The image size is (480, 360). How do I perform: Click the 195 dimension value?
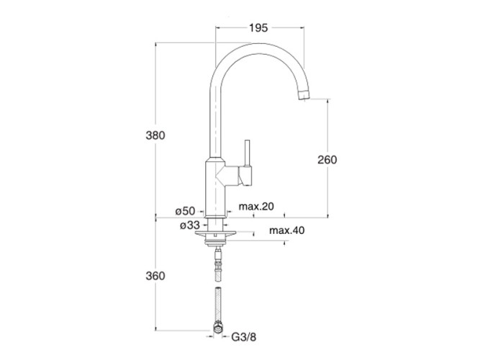259,28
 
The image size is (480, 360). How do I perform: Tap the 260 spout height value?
327,160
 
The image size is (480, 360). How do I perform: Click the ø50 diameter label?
185,210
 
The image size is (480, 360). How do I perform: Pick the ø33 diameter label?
191,225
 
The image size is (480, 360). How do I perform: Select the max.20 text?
257,207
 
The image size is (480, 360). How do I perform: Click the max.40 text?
287,230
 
